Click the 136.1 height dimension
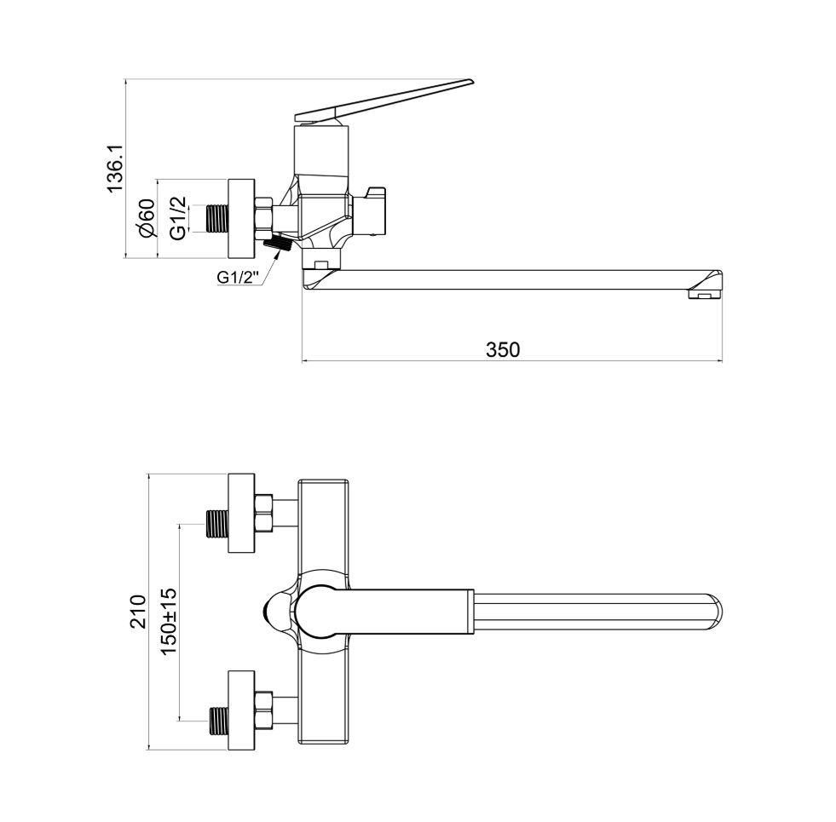(115, 169)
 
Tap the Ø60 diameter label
(146, 217)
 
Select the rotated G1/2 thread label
(178, 217)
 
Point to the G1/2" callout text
(238, 277)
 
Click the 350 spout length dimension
(502, 350)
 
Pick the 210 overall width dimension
(138, 612)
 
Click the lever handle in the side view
(383, 100)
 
